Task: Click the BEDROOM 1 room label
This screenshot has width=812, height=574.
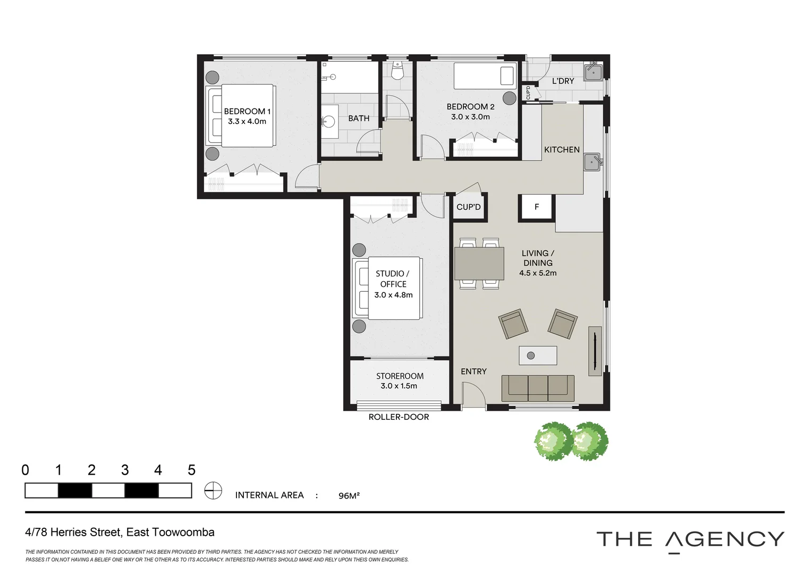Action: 247,111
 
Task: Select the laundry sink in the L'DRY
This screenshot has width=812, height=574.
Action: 593,72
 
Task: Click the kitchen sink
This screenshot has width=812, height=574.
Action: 593,162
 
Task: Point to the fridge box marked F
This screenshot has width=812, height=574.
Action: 537,207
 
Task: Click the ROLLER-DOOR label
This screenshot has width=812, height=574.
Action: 399,417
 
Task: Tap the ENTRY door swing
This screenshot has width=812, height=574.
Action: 473,395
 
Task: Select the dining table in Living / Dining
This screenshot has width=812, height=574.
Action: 479,264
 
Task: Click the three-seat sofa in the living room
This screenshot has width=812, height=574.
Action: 538,389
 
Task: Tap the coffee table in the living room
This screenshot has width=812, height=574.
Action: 538,356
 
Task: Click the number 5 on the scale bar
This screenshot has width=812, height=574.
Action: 191,470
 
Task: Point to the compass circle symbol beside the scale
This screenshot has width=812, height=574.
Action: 213,491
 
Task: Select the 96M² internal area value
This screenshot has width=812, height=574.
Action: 349,496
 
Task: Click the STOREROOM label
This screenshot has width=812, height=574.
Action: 400,376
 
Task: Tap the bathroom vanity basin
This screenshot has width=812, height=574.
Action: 330,121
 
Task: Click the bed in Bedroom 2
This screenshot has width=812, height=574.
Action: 485,76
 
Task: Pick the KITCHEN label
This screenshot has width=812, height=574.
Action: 562,149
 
